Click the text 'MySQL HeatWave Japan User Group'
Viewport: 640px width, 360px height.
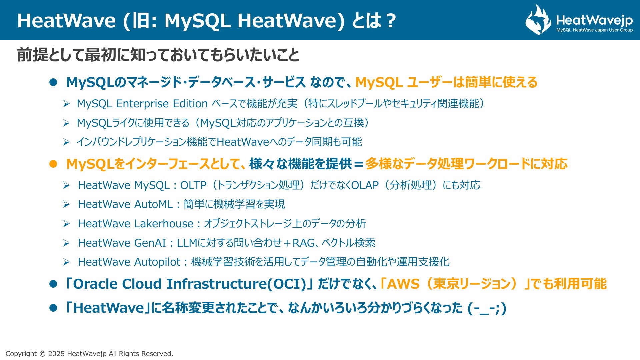[594, 30]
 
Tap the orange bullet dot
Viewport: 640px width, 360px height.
[53, 164]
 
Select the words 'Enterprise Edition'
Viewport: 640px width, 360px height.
[162, 104]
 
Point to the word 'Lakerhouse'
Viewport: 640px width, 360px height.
[164, 223]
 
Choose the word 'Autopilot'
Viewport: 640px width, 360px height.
[157, 262]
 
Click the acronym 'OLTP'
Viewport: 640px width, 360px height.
[194, 185]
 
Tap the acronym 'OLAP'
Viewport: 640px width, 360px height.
[365, 185]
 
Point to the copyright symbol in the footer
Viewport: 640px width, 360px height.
[42, 354]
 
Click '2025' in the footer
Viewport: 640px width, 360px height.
[57, 354]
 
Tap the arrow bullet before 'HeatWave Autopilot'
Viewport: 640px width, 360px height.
[66, 262]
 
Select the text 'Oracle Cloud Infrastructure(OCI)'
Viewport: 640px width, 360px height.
[190, 284]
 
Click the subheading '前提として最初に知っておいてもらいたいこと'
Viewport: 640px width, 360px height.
[158, 55]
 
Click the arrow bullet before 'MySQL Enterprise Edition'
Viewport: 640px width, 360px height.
[66, 104]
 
